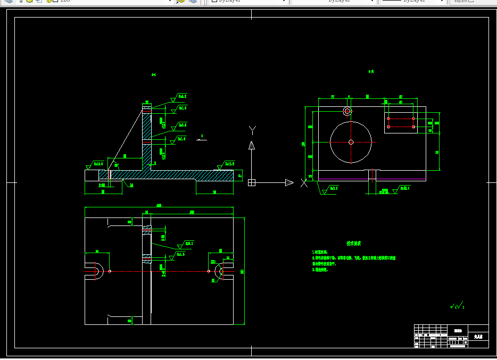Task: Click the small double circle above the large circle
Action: pyautogui.click(x=347, y=111)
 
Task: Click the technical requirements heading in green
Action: pyautogui.click(x=354, y=243)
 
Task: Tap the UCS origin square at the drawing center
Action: pyautogui.click(x=252, y=182)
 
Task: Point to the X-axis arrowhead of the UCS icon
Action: pyautogui.click(x=289, y=182)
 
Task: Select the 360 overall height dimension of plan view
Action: pyautogui.click(x=243, y=271)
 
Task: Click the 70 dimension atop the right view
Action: pyautogui.click(x=333, y=97)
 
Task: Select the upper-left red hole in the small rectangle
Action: pyautogui.click(x=389, y=119)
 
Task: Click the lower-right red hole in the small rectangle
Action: pyautogui.click(x=413, y=127)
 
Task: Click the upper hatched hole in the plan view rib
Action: pyautogui.click(x=147, y=231)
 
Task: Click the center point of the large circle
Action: pyautogui.click(x=351, y=142)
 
